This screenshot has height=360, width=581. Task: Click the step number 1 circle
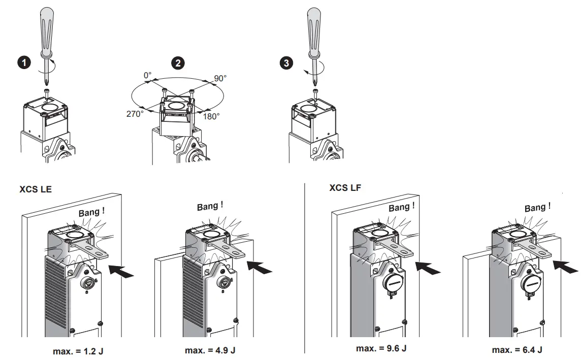[x=24, y=63]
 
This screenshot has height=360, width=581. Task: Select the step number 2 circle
[x=178, y=63]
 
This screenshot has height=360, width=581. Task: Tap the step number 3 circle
[x=287, y=63]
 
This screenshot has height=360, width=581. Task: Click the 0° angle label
[x=147, y=76]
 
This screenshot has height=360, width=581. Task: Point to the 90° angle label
[x=220, y=78]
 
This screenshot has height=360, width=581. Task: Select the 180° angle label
[x=211, y=116]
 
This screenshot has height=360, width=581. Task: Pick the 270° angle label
[x=135, y=114]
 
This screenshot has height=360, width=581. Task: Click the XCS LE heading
[x=36, y=189]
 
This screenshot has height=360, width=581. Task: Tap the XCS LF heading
[x=345, y=188]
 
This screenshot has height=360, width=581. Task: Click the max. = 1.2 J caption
[x=78, y=351]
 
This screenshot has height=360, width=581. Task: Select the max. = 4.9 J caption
[x=210, y=350]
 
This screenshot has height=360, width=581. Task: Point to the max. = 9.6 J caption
[x=381, y=348]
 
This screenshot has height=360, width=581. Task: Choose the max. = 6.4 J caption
[x=517, y=350]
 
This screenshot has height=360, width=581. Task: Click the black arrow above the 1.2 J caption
[x=121, y=271]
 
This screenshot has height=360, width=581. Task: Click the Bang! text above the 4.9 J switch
[x=210, y=207]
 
